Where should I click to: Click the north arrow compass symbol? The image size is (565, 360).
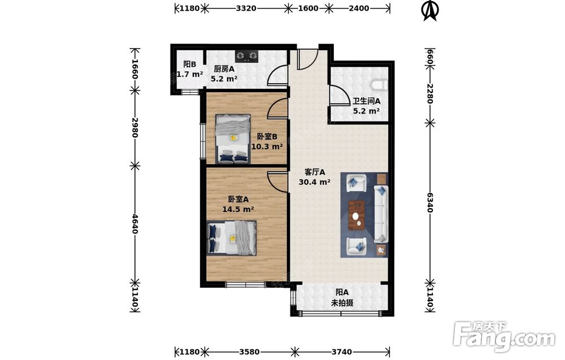[430, 10]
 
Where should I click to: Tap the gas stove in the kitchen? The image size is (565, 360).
[247, 55]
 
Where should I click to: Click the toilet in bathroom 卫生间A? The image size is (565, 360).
[380, 85]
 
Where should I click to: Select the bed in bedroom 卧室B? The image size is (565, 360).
[233, 138]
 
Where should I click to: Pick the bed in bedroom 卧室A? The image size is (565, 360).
[232, 238]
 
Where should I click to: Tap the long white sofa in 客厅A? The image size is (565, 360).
[381, 214]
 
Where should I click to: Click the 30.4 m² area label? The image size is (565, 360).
[314, 182]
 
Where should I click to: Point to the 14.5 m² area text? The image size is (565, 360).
[238, 209]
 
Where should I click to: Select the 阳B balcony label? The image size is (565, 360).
[189, 64]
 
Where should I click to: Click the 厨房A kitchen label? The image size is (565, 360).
[224, 68]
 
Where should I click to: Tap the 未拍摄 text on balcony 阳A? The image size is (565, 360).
[342, 303]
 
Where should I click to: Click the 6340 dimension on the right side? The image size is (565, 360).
[430, 202]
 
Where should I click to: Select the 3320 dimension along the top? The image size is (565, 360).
[246, 8]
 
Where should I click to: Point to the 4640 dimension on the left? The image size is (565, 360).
[134, 224]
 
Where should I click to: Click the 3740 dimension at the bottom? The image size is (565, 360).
[342, 352]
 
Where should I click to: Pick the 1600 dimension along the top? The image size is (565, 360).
[308, 8]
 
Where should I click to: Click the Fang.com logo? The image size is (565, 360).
[504, 337]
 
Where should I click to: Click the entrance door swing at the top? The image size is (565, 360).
[307, 59]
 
